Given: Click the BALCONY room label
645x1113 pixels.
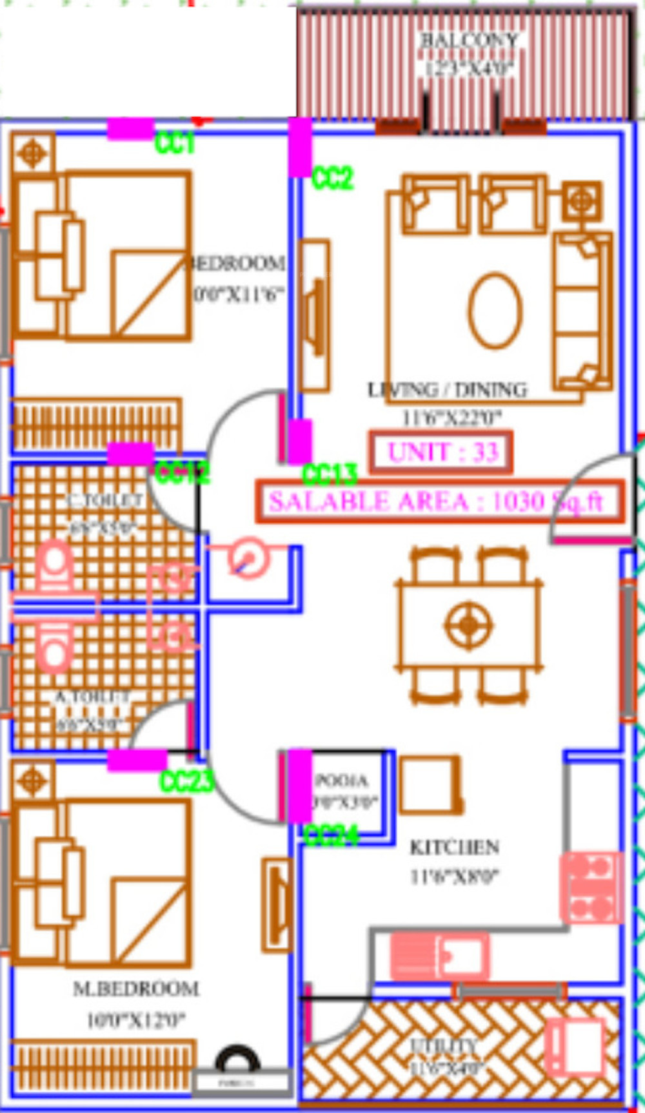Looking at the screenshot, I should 469,40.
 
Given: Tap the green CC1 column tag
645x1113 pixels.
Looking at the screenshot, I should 175,143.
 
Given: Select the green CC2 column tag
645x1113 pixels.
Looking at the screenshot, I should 332,178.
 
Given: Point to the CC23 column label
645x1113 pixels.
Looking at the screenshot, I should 186,781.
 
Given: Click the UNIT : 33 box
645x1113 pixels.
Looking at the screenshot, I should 442,451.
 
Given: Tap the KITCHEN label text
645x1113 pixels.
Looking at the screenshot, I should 455,846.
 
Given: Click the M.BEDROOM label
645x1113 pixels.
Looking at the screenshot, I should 136,988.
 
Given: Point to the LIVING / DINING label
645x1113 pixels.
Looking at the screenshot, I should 447,390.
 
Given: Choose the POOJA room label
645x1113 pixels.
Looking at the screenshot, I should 341,780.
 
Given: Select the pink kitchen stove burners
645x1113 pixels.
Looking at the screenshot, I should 591,887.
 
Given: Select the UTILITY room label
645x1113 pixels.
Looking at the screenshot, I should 444,1045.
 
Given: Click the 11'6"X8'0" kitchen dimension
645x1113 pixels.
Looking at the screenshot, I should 455,876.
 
